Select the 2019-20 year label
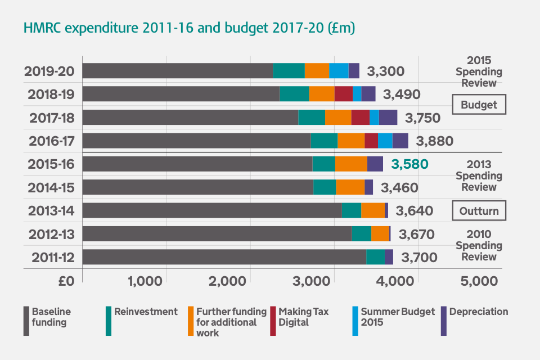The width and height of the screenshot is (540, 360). (49, 71)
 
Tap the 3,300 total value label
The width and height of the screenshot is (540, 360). (385, 71)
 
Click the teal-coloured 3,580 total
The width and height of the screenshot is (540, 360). (409, 164)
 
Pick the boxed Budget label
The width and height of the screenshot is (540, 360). (479, 105)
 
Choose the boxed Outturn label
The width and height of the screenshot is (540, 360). (479, 211)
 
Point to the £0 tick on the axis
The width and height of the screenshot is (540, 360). (66, 281)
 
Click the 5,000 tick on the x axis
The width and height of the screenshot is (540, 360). (480, 281)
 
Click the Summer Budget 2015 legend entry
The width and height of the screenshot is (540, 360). (397, 317)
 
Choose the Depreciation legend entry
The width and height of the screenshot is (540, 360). (478, 312)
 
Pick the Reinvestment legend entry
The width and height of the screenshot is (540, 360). (145, 312)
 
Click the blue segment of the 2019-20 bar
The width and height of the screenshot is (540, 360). (339, 71)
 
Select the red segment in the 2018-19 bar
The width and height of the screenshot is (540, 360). (343, 94)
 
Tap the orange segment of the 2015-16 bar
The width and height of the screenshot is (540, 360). (351, 164)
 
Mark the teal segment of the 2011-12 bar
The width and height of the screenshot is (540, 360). (375, 257)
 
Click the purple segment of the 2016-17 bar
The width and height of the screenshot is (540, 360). (400, 141)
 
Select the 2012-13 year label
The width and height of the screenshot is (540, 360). (49, 234)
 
